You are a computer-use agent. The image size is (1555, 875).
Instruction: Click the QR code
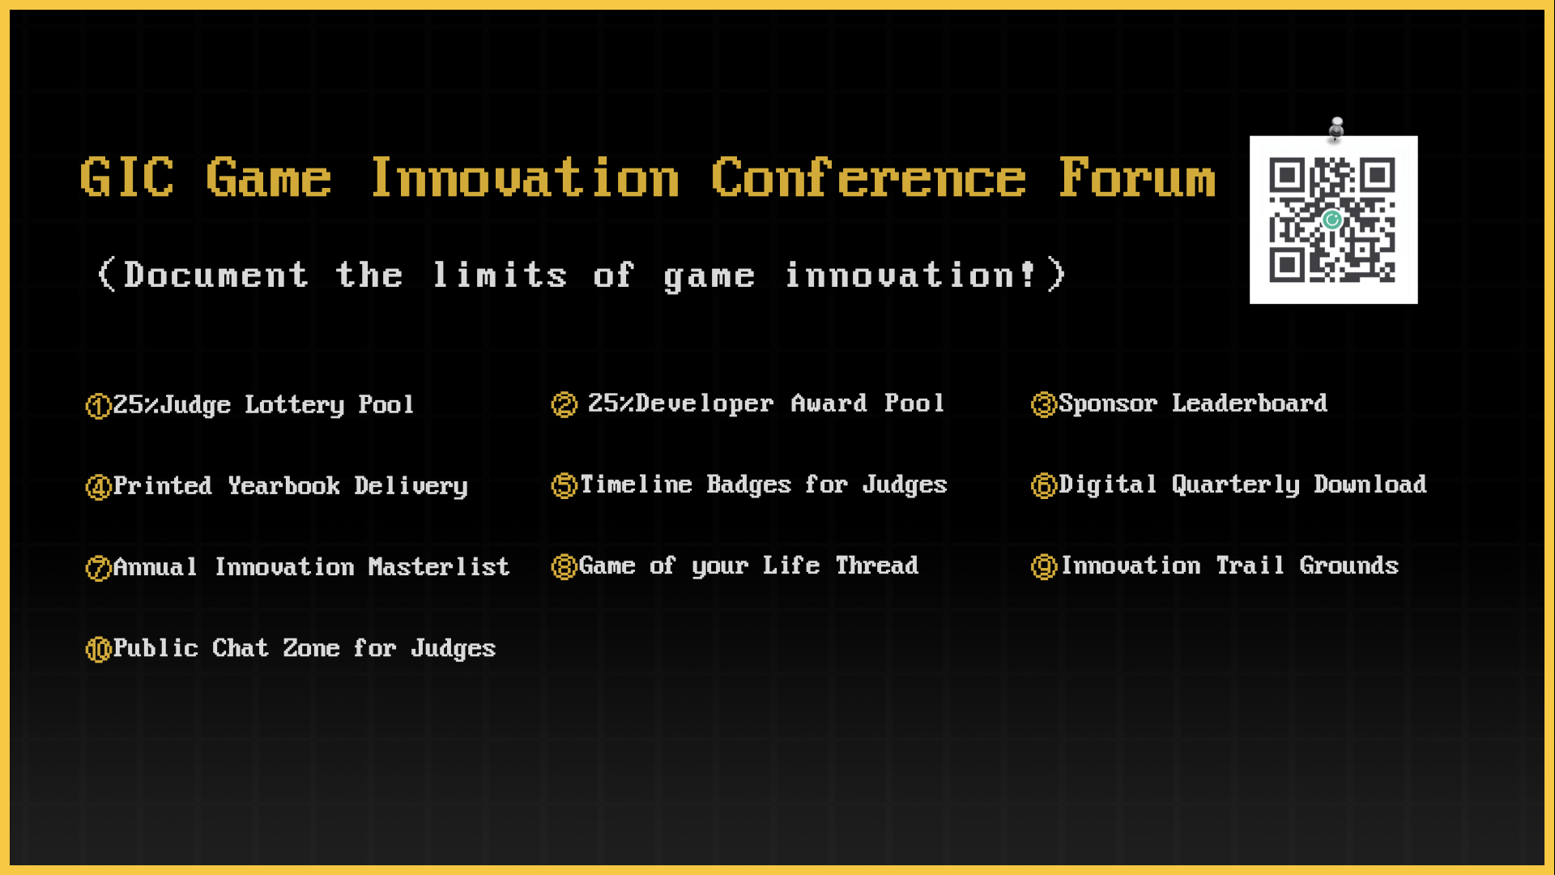pyautogui.click(x=1333, y=220)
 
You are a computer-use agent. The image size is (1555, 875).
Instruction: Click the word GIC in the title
pyautogui.click(x=127, y=177)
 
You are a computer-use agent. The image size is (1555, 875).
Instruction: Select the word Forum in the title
pyautogui.click(x=1137, y=177)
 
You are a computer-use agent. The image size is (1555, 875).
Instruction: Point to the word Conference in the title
pyautogui.click(x=868, y=177)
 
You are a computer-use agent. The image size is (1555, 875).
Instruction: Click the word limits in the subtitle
pyautogui.click(x=500, y=275)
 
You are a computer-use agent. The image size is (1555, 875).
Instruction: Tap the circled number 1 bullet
pyautogui.click(x=98, y=405)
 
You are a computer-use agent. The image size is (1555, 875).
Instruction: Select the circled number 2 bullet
pyautogui.click(x=564, y=404)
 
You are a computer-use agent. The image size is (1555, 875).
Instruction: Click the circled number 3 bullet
pyautogui.click(x=1044, y=403)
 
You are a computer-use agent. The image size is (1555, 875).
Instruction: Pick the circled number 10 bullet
pyautogui.click(x=98, y=649)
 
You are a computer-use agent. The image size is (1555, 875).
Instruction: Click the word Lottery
pyautogui.click(x=295, y=405)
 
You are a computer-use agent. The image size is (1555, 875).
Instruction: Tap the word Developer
pyautogui.click(x=705, y=403)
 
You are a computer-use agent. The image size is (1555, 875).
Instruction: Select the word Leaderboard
pyautogui.click(x=1250, y=403)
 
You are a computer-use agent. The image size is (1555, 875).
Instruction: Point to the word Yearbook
pyautogui.click(x=283, y=485)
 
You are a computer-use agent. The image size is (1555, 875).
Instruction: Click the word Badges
pyautogui.click(x=748, y=484)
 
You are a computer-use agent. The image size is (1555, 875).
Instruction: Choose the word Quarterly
pyautogui.click(x=1236, y=484)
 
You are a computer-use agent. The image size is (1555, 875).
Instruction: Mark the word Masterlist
pyautogui.click(x=439, y=566)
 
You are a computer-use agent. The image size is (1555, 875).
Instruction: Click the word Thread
pyautogui.click(x=877, y=565)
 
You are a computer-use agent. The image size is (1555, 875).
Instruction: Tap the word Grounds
pyautogui.click(x=1349, y=565)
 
